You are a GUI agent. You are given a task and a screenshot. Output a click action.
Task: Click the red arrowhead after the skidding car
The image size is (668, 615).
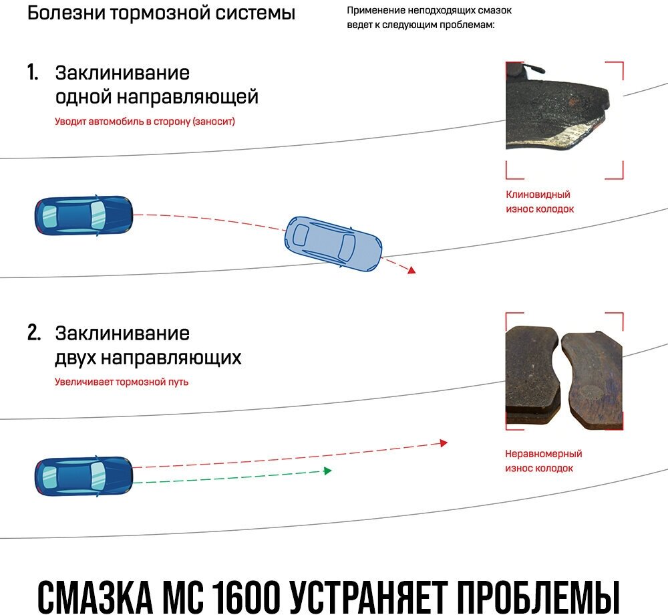[x=411, y=270]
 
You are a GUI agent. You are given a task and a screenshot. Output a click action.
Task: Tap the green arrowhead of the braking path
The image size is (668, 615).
[x=327, y=471]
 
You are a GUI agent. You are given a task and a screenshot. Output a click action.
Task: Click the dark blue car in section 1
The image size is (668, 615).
[x=83, y=215]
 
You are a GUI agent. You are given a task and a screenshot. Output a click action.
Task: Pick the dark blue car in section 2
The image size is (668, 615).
[x=83, y=475]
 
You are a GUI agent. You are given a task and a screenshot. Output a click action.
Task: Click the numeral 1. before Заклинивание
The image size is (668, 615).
[x=33, y=72]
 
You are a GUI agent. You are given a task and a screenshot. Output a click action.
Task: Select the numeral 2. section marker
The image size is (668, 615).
[x=34, y=333]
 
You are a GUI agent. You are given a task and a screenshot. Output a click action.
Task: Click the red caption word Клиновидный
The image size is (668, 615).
[x=538, y=195]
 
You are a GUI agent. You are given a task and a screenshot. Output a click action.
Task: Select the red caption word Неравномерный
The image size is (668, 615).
[x=543, y=454]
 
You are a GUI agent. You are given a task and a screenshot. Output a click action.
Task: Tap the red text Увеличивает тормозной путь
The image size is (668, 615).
[x=122, y=382]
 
